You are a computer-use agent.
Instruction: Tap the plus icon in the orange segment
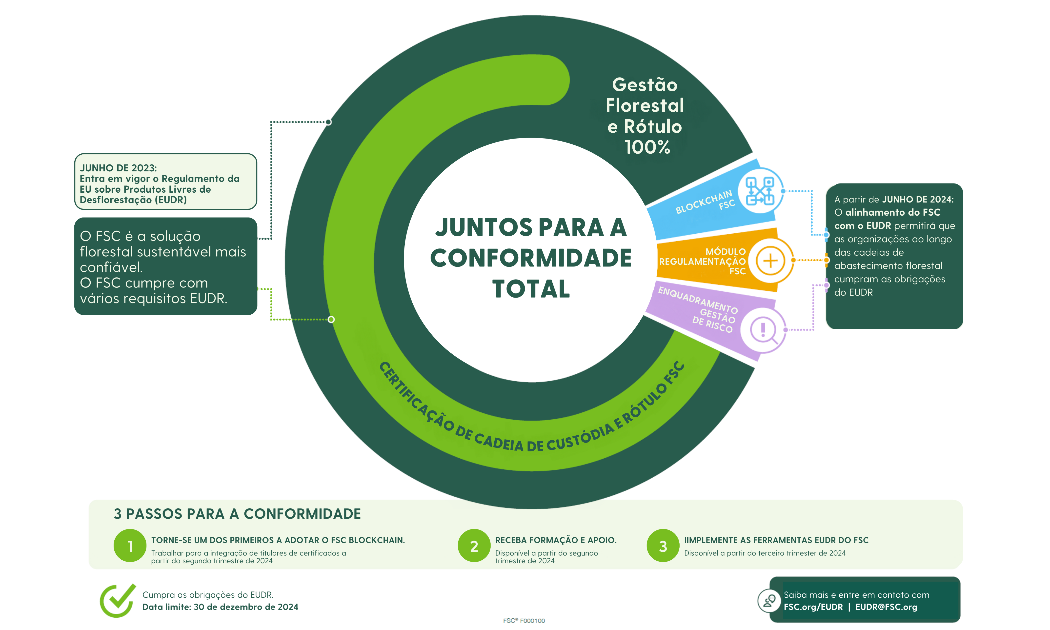coord(770,260)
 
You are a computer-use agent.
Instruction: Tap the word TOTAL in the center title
coord(531,289)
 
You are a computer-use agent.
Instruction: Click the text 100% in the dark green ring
coord(647,147)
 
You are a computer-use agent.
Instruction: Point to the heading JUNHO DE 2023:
coord(119,168)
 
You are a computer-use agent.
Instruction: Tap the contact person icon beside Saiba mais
coord(769,600)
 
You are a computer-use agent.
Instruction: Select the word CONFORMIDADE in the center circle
coord(531,258)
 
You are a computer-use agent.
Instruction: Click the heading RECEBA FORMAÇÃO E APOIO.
coord(556,540)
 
